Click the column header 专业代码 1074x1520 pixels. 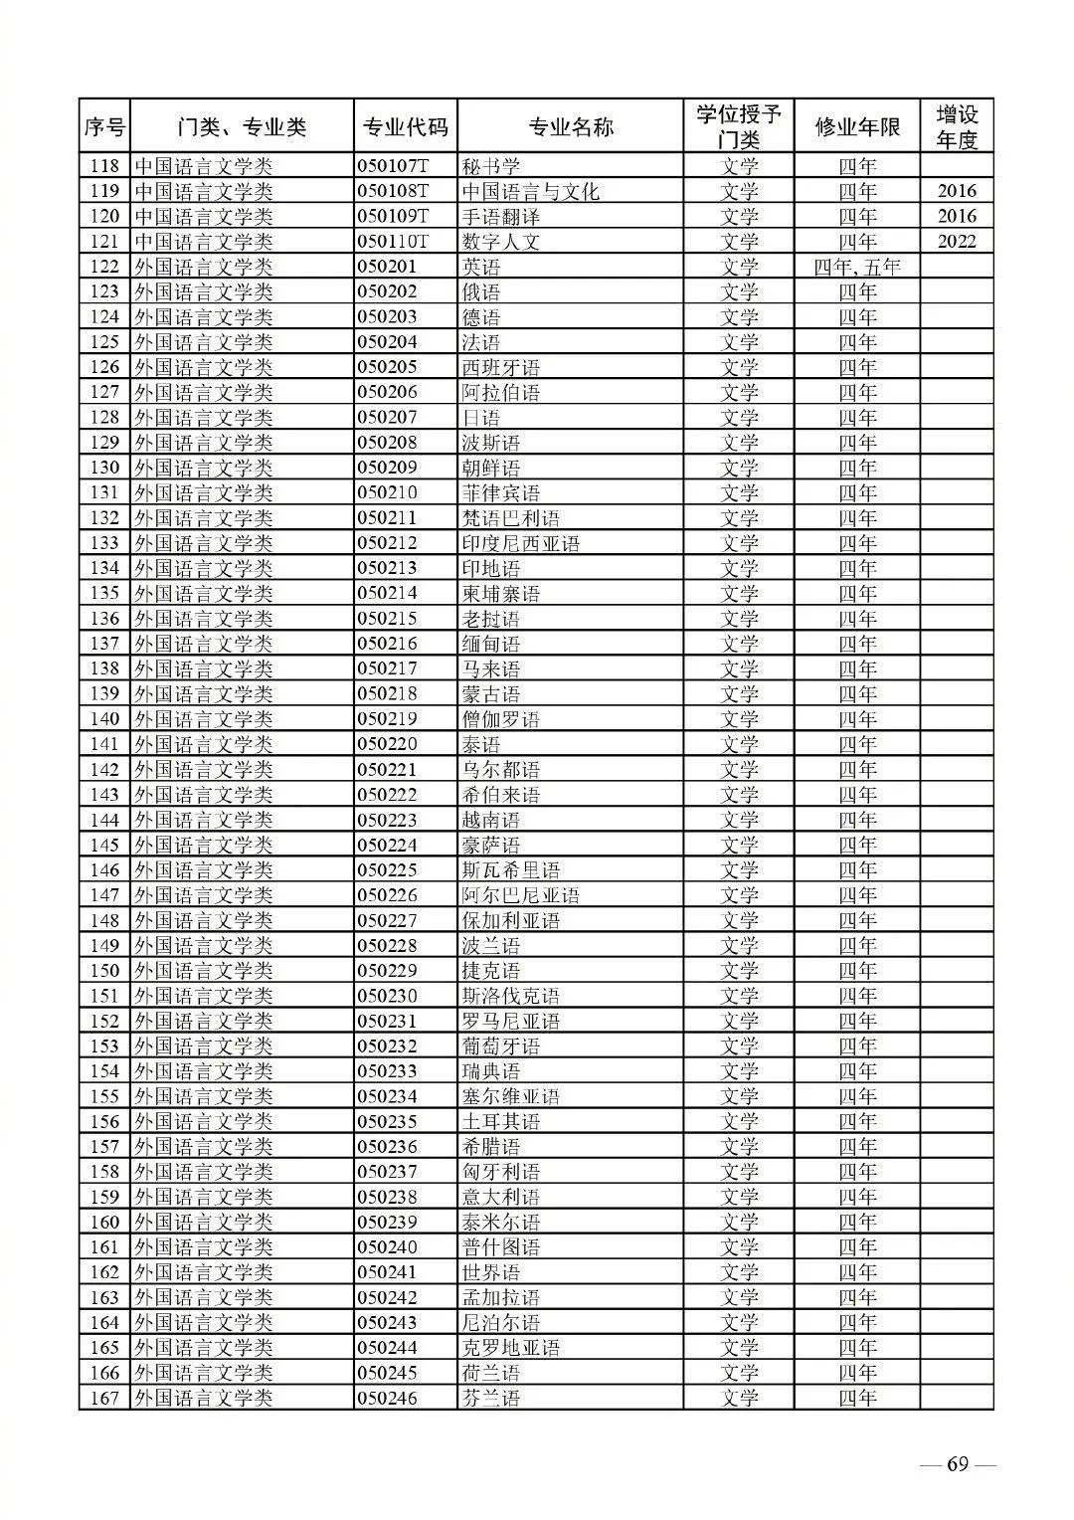click(x=404, y=126)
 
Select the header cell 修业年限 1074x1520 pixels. click(x=856, y=126)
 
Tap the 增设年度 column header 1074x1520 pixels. click(x=956, y=126)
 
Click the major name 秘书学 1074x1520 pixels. click(x=491, y=166)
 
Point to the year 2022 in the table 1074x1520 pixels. click(x=956, y=241)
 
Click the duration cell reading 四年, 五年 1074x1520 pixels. click(x=856, y=267)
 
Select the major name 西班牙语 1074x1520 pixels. click(x=500, y=367)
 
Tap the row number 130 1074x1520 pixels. click(x=104, y=468)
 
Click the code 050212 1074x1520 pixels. click(x=387, y=543)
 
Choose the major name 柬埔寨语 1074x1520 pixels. click(x=500, y=593)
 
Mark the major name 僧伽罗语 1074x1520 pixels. click(x=500, y=718)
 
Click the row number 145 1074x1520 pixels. click(x=104, y=845)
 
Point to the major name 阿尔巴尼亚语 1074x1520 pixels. click(x=520, y=895)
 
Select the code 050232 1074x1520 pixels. click(x=387, y=1045)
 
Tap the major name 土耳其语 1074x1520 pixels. click(x=500, y=1121)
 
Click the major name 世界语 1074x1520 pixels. click(x=491, y=1272)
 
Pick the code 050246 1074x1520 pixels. click(x=387, y=1398)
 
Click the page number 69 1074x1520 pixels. click(x=957, y=1464)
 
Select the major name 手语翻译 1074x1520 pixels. click(x=500, y=216)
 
